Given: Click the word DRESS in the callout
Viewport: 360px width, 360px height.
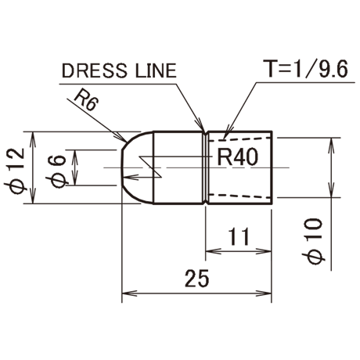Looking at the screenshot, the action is point(95,70).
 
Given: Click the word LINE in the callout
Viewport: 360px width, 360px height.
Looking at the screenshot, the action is point(156,70).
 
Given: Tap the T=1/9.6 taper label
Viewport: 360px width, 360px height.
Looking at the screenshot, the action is point(305,69).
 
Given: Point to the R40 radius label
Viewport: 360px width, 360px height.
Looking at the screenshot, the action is point(238,157).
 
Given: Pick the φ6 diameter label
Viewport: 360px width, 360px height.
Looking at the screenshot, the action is point(57,171).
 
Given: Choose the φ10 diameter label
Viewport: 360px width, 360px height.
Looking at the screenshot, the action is point(313,241).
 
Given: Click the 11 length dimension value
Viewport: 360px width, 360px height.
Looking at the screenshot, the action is point(239,236).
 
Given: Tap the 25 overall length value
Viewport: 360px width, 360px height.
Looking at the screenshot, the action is point(197,278).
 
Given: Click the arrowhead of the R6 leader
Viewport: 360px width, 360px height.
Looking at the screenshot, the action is point(123,138).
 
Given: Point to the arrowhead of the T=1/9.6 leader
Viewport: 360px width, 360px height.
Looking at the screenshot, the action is point(228,131).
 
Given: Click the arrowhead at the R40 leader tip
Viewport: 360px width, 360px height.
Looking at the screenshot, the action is point(131,178).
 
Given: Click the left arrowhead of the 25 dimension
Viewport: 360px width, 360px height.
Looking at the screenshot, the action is point(129,293).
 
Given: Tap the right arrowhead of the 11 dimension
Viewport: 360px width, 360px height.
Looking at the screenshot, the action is point(264,251).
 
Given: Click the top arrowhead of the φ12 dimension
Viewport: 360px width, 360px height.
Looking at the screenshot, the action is point(33,139).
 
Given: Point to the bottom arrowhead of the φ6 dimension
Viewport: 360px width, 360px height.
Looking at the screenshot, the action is point(75,178).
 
